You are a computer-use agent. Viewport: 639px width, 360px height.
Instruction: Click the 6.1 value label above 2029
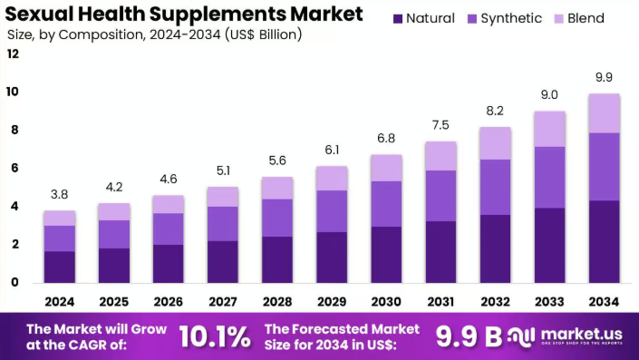point(332,149)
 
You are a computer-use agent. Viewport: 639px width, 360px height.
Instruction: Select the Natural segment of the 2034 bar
point(604,240)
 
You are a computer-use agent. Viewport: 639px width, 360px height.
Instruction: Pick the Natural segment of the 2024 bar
point(60,266)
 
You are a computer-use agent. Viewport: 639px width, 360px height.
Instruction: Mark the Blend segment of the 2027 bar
point(223,197)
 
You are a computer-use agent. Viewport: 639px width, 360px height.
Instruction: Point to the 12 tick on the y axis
point(13,54)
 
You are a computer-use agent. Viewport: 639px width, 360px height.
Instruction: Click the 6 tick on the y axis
point(13,168)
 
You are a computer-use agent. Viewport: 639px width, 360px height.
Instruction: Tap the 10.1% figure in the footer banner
point(214,336)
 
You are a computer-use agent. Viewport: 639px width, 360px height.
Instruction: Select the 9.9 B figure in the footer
point(469,336)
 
